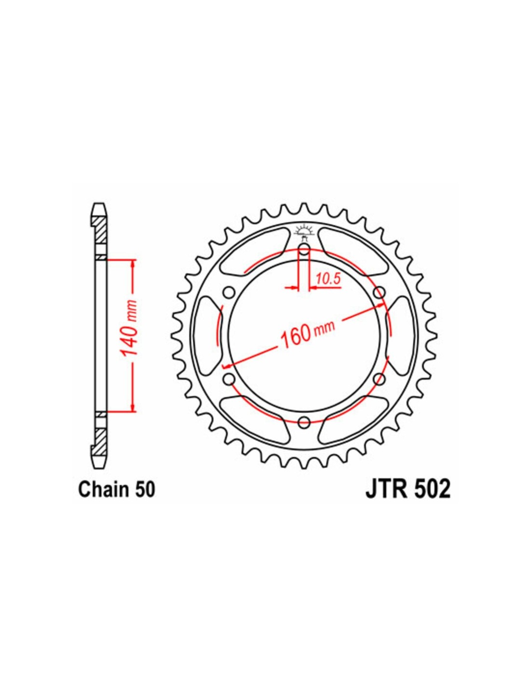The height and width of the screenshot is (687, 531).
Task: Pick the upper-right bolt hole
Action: (x=379, y=291)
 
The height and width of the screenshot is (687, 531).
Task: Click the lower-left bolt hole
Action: (x=228, y=378)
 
